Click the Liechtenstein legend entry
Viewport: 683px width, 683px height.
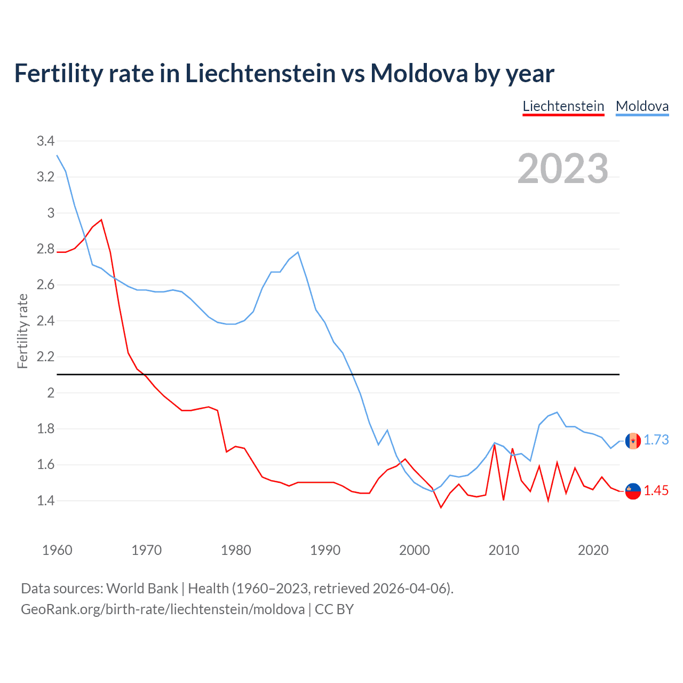click(x=563, y=106)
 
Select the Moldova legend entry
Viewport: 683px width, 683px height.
click(x=642, y=106)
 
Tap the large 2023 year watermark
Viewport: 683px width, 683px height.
click(x=563, y=169)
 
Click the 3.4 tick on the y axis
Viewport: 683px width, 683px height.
click(x=45, y=141)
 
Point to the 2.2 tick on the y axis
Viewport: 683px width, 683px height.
click(x=45, y=356)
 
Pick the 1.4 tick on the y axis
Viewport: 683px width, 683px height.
click(x=45, y=501)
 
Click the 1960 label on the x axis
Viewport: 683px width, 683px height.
click(x=57, y=550)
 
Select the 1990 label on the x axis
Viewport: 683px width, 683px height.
click(x=325, y=550)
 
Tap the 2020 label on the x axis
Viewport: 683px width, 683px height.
click(x=593, y=550)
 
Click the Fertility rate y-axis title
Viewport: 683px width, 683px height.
click(x=22, y=331)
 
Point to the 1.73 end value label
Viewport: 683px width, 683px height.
click(x=656, y=440)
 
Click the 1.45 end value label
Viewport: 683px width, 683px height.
click(x=656, y=490)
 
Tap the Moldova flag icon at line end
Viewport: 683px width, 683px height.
click(x=633, y=441)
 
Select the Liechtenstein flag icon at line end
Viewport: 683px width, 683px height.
click(x=633, y=491)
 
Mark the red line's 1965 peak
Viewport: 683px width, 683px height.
click(x=101, y=220)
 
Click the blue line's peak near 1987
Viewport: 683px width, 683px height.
click(x=298, y=252)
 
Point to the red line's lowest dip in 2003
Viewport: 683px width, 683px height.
click(x=441, y=507)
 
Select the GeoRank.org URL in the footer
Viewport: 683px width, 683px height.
click(x=163, y=609)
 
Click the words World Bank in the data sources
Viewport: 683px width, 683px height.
click(x=142, y=588)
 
